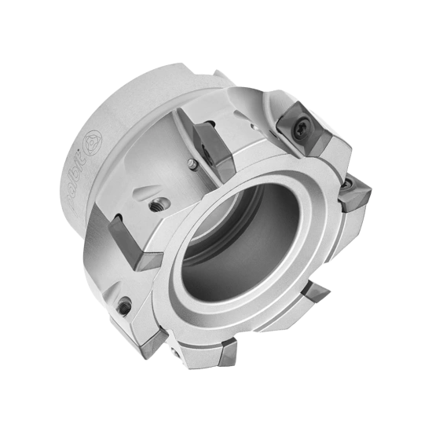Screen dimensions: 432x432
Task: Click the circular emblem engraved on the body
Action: (x=93, y=144)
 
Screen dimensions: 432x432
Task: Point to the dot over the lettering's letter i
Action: (x=83, y=161)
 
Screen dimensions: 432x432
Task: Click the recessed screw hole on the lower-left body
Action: (x=123, y=306)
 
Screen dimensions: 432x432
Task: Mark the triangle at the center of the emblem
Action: (x=93, y=144)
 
